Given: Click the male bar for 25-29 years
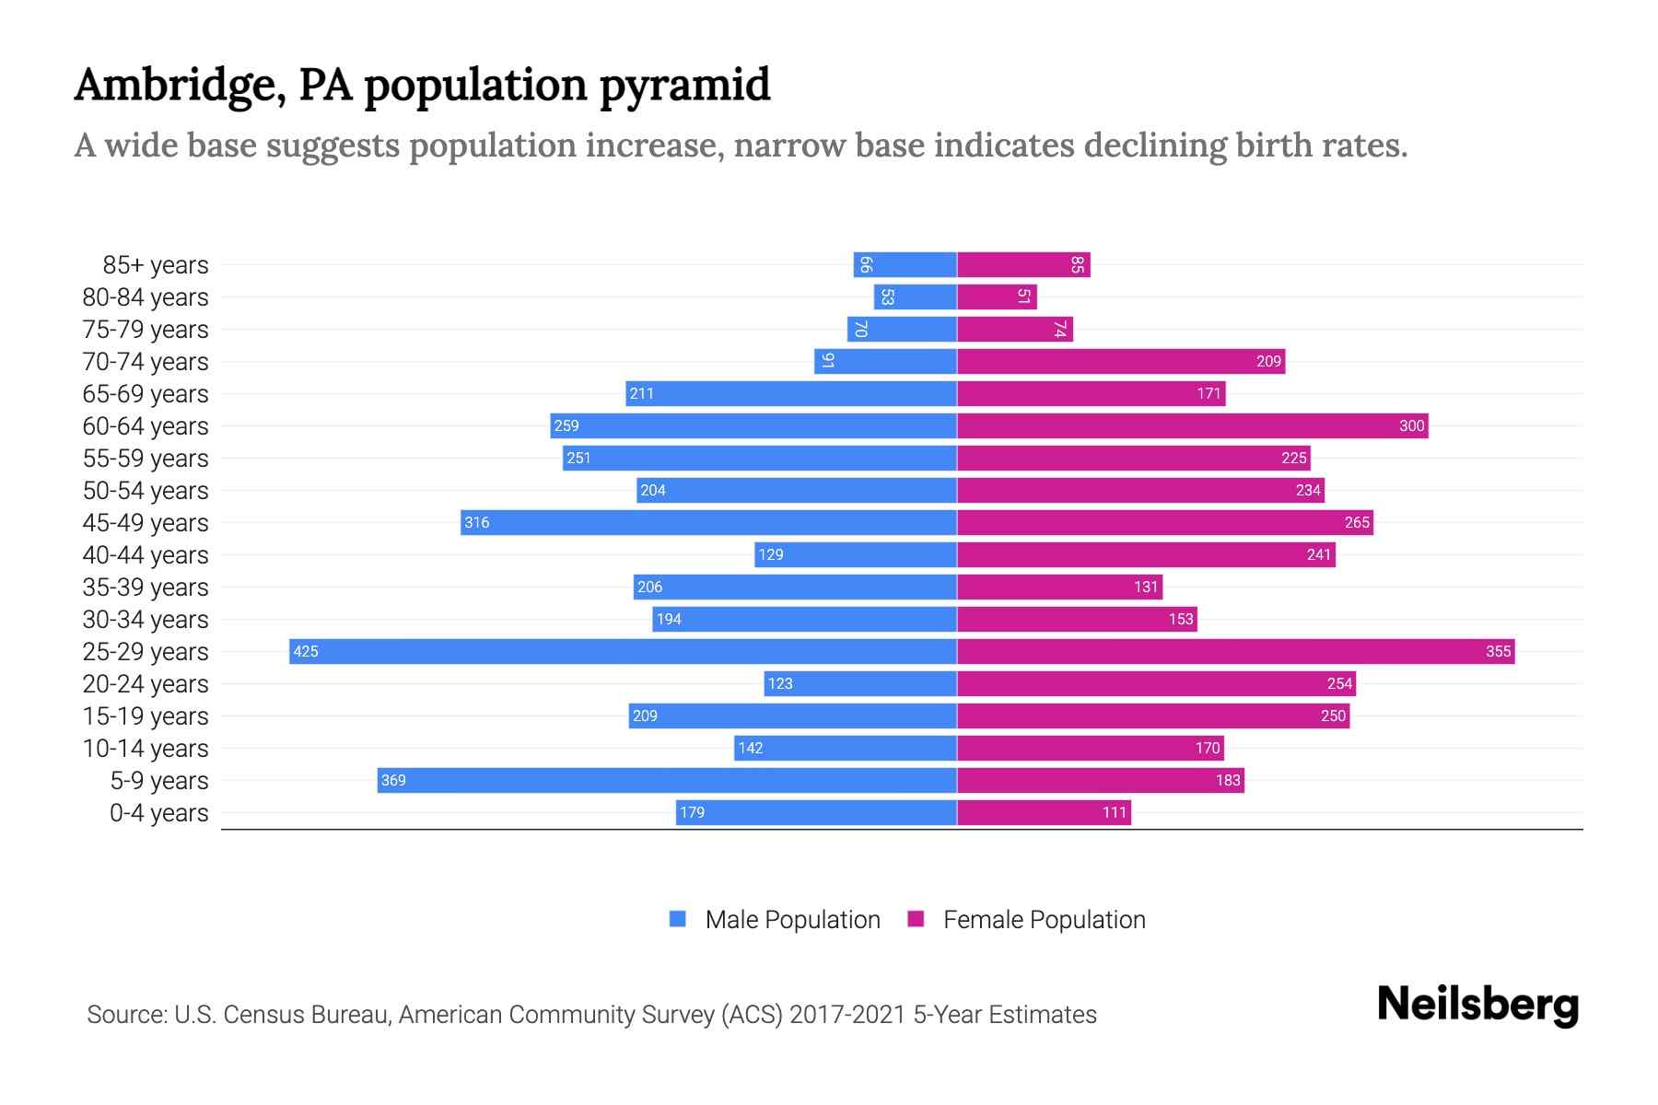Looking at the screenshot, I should click(623, 651).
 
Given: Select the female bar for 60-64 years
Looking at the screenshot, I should click(1192, 425).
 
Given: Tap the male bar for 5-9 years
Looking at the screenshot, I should click(667, 780).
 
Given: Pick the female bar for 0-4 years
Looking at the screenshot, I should click(1044, 812).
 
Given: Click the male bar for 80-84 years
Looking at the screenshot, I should click(915, 297).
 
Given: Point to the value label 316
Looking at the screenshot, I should click(477, 522).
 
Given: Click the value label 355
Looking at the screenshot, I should click(1498, 651).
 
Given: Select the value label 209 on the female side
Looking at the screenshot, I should click(1268, 361).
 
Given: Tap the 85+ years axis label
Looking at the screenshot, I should click(156, 265).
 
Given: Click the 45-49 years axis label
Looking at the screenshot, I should click(146, 523).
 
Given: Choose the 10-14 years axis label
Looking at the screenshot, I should click(146, 749).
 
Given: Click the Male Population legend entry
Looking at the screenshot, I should click(792, 919).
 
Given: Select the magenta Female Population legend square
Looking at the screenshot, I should click(916, 919).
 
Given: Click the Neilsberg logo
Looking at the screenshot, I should click(1477, 1005).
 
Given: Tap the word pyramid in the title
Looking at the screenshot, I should click(684, 86).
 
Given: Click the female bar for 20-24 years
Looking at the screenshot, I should click(1156, 683).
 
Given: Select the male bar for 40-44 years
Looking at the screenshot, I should click(856, 554).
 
